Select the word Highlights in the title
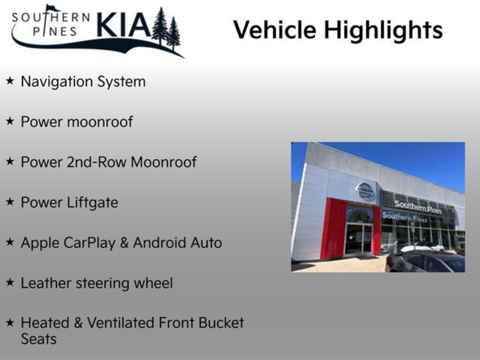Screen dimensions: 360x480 point(383,30)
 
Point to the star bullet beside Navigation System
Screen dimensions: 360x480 point(10,81)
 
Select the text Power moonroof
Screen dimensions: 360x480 point(77,122)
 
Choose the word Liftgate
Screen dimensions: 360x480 point(94,203)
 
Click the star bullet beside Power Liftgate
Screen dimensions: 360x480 point(10,202)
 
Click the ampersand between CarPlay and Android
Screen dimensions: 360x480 point(125,243)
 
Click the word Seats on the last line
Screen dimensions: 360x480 point(38,339)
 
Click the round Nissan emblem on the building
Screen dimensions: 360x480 point(365,191)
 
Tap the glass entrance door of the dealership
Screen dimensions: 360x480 point(359,238)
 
